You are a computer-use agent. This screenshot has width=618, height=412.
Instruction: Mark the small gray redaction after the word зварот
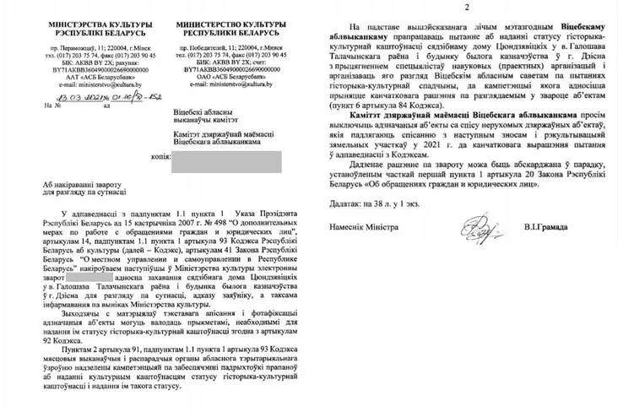coord(78,275)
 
